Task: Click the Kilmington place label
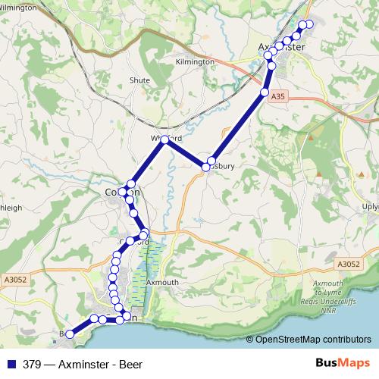pyautogui.click(x=195, y=61)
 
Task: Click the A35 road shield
pyautogui.click(x=278, y=96)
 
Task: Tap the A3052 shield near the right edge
pyautogui.click(x=349, y=264)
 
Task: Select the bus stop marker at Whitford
pyautogui.click(x=164, y=139)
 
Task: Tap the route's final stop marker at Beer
pyautogui.click(x=70, y=334)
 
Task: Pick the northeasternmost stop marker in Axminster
pyautogui.click(x=309, y=24)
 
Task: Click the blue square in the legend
pyautogui.click(x=11, y=364)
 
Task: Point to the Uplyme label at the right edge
pyautogui.click(x=370, y=207)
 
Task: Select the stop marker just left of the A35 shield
pyautogui.click(x=265, y=92)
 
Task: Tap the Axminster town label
pyautogui.click(x=281, y=47)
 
